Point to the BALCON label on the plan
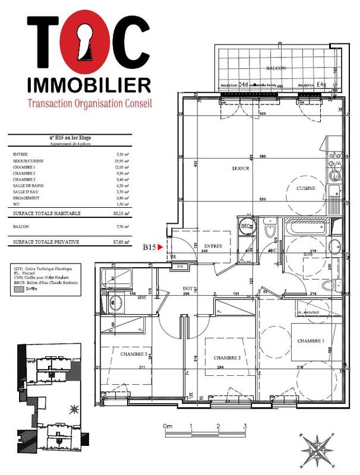click(x=276, y=69)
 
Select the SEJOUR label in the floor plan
click(x=240, y=169)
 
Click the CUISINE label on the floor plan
click(x=314, y=188)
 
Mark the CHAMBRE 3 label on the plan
click(x=134, y=354)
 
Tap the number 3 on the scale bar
click(x=245, y=426)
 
